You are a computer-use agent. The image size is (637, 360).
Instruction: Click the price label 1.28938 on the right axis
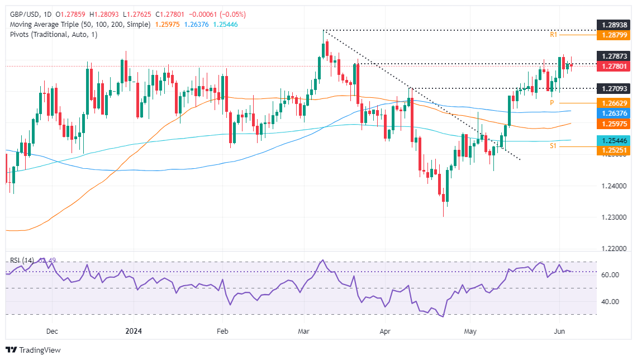[x=614, y=26]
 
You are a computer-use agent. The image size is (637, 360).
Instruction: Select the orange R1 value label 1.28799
[x=614, y=35]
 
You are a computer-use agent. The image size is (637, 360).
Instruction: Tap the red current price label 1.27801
[x=614, y=66]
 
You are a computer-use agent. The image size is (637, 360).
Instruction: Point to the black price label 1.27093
[x=614, y=88]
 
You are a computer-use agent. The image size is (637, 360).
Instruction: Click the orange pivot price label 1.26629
[x=614, y=103]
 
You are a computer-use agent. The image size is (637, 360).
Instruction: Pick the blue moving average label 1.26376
[x=614, y=112]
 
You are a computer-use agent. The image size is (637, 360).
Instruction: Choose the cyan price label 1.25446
[x=614, y=140]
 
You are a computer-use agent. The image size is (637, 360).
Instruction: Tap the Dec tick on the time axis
[x=51, y=331]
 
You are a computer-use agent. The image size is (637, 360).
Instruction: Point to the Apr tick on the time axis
[x=384, y=331]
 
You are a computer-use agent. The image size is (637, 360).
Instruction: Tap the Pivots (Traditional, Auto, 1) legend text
[x=53, y=35]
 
